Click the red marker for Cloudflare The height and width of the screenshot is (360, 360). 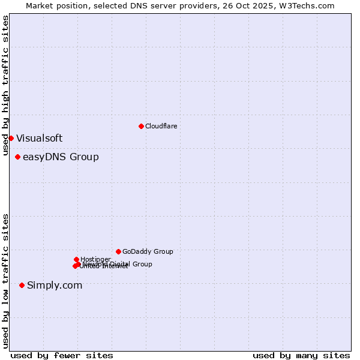point(141,126)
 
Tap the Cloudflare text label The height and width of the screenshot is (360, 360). point(161,126)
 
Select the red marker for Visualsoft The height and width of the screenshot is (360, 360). point(11,138)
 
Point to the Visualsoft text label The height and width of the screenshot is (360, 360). point(39,138)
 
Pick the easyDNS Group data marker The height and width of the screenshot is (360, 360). point(17,157)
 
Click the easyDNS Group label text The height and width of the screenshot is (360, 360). point(61,157)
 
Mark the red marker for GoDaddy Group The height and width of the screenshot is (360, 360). point(118,251)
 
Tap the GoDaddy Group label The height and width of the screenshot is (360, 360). point(148,252)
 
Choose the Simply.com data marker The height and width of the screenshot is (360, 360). point(22,285)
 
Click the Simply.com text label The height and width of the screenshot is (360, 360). point(55,286)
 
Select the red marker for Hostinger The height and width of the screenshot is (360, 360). point(76,259)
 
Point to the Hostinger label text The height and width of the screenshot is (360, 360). point(95,259)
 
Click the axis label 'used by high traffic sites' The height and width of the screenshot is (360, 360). point(5,85)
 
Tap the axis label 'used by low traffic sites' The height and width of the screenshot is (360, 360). point(5,281)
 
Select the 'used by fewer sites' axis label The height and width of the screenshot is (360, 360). point(62,355)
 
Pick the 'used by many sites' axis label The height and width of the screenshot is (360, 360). point(301,355)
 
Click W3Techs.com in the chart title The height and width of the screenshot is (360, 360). point(305,5)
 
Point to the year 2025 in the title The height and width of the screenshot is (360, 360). point(251,5)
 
